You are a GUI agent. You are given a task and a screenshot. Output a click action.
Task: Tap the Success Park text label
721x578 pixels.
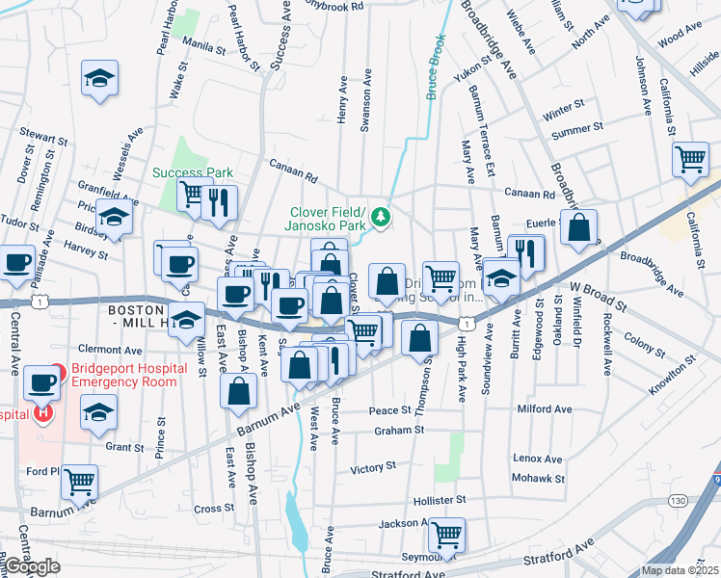tap(193, 173)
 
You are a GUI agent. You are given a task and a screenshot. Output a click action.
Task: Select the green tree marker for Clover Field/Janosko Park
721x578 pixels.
tap(382, 217)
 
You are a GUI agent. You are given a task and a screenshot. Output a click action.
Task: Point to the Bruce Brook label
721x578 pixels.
tap(436, 67)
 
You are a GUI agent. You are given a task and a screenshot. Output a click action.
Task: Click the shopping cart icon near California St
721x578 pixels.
tap(690, 159)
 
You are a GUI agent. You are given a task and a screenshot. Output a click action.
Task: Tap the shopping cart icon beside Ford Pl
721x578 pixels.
tap(79, 480)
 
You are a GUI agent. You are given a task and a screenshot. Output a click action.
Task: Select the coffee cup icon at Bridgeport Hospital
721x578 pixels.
tap(40, 381)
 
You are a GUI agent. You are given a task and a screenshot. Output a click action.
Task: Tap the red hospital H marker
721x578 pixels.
tap(42, 413)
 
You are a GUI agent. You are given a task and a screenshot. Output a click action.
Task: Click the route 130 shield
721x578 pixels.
tap(678, 501)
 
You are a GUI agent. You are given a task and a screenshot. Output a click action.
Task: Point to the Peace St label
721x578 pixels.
tap(391, 410)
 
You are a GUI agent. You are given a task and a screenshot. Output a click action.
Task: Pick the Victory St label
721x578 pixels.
tap(367, 469)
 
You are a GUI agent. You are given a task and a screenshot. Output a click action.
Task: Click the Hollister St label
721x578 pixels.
tap(440, 501)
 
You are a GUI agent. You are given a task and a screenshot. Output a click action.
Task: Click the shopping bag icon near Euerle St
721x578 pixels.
tap(578, 228)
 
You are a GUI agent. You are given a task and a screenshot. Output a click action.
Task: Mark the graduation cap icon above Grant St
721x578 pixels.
tap(98, 413)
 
